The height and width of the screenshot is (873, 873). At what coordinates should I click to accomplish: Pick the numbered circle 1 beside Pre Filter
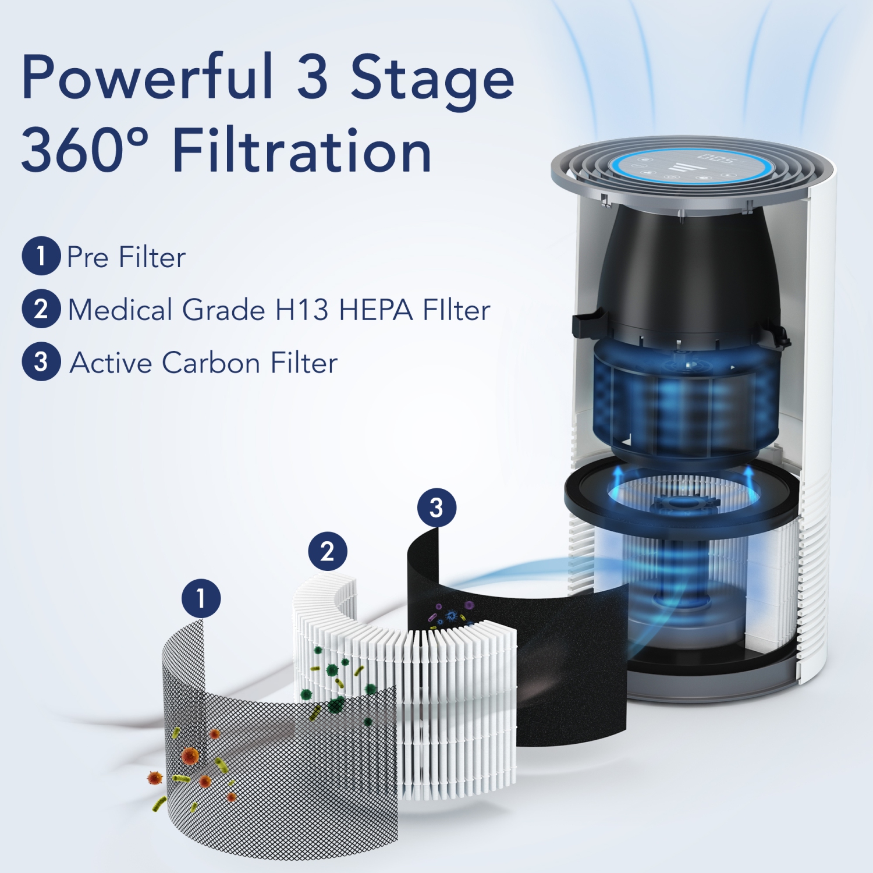[41, 256]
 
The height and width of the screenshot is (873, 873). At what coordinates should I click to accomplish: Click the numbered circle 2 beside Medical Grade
[41, 309]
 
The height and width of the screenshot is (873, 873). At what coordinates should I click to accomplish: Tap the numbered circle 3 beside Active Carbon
[41, 361]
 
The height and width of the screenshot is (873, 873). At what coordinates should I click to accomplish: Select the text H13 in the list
[301, 310]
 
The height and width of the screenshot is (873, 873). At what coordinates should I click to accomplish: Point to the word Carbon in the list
[211, 363]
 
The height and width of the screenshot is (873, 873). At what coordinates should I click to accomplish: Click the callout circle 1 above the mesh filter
[201, 598]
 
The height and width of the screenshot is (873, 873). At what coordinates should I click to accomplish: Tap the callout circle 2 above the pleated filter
[328, 551]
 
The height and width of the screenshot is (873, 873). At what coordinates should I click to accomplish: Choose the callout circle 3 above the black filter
[436, 508]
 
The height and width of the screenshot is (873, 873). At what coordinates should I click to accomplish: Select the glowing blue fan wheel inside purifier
[684, 402]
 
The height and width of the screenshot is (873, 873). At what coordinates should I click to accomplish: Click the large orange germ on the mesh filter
[190, 756]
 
